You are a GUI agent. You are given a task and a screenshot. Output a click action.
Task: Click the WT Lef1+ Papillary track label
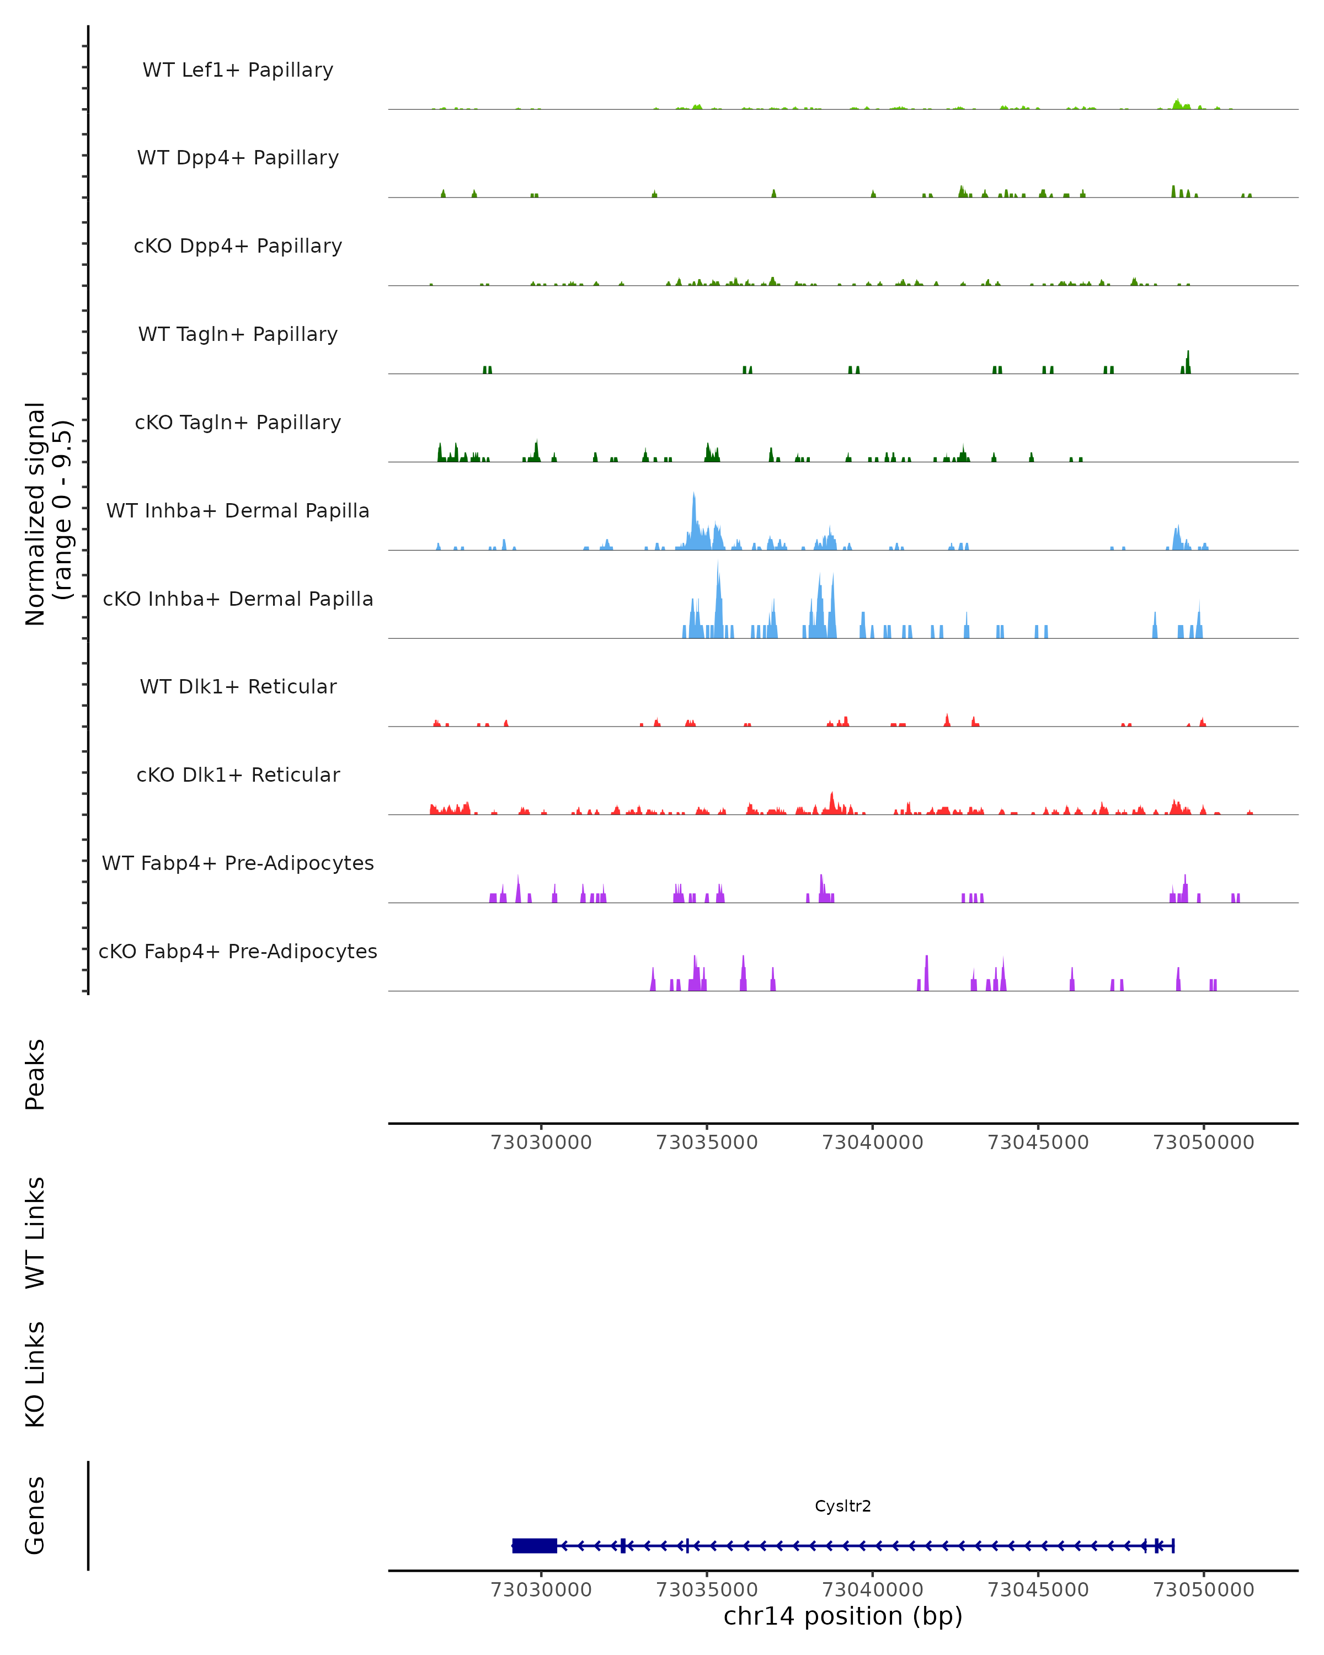[x=238, y=70]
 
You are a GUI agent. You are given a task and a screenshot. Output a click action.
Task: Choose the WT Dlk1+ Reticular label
[x=238, y=686]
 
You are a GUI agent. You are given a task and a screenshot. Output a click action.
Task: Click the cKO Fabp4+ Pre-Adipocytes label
[x=238, y=951]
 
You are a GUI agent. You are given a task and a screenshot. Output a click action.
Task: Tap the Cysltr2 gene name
[x=843, y=1506]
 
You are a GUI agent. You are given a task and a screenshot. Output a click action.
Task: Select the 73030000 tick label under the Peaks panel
[x=541, y=1143]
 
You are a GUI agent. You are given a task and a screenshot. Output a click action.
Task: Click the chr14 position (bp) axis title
[x=843, y=1616]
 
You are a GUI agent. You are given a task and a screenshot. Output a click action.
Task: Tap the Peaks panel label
[x=35, y=1074]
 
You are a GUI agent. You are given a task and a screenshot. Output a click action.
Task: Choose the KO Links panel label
[x=35, y=1374]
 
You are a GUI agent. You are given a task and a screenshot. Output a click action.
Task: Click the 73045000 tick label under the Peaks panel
[x=1038, y=1143]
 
